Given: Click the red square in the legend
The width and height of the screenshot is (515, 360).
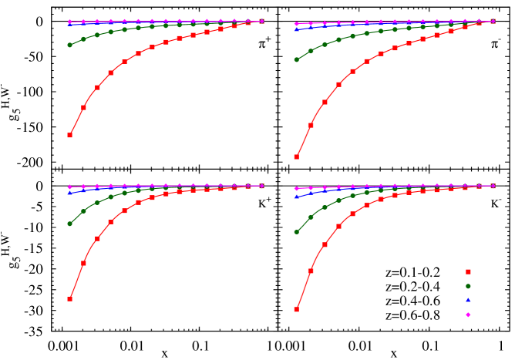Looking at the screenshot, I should [x=468, y=271].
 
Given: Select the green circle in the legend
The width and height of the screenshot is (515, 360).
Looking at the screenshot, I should [x=468, y=286].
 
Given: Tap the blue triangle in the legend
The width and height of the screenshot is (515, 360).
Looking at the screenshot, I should [x=468, y=300].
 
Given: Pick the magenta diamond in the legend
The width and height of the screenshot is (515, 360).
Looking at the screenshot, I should [x=468, y=315].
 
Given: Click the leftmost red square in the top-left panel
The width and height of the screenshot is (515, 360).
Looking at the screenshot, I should [x=69, y=135].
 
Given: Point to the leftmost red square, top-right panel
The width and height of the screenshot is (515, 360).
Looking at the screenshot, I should [x=296, y=156].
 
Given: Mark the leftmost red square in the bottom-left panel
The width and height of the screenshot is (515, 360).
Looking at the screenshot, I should [x=69, y=298].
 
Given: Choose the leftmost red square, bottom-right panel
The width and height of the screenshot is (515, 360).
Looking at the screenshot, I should [x=296, y=309].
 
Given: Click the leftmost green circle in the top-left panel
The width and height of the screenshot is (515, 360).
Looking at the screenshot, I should [x=69, y=45].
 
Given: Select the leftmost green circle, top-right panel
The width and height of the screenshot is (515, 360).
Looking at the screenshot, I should [x=296, y=59].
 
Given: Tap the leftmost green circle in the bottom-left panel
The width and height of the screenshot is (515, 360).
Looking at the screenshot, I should [x=69, y=224].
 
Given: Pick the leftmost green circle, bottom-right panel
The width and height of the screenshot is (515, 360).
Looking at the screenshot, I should [x=296, y=231].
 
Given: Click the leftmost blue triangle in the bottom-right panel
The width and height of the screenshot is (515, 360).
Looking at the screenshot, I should [x=296, y=197].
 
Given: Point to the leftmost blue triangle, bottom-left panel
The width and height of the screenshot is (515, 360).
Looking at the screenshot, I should [x=69, y=193].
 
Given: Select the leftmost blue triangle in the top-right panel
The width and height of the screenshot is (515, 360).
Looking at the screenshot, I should [x=296, y=29].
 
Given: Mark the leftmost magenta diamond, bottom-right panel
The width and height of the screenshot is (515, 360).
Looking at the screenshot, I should [x=296, y=188].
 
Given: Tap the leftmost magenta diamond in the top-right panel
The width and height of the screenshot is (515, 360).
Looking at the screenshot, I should [x=296, y=24].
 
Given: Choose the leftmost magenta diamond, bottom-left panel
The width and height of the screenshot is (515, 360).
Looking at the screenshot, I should [x=69, y=187].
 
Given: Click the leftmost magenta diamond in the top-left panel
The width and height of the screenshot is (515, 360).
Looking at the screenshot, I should [x=69, y=22].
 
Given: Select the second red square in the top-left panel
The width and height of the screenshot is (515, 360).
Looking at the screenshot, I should [x=83, y=107].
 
